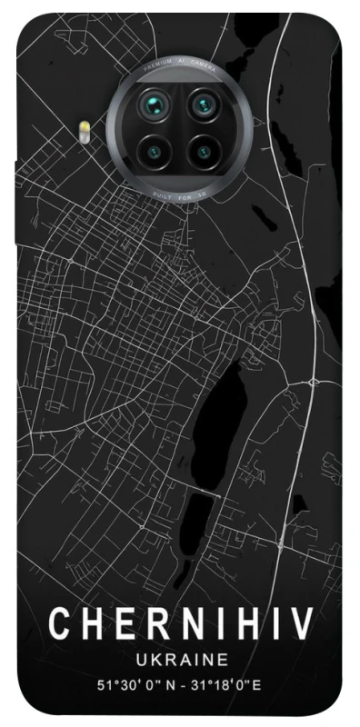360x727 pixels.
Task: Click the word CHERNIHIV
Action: point(180,624)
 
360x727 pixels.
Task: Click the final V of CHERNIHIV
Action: point(303,624)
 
